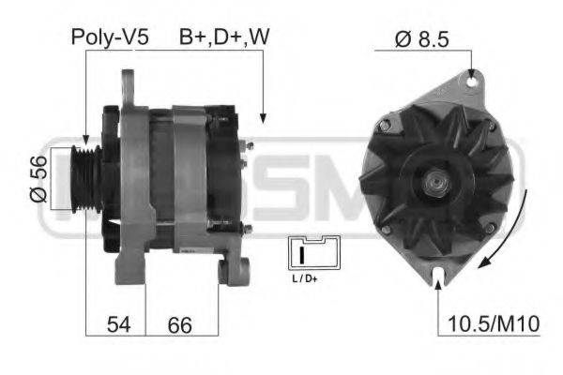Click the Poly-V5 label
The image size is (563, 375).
[110, 37]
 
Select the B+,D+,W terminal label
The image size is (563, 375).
[224, 37]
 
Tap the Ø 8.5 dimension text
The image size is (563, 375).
[422, 39]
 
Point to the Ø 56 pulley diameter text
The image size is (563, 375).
[38, 179]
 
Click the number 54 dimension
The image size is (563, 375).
[119, 324]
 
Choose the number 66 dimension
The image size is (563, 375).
[179, 324]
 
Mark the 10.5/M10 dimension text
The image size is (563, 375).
[495, 324]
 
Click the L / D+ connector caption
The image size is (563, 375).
[305, 278]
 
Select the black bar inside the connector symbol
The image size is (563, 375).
[302, 254]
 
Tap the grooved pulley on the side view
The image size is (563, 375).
[86, 179]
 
